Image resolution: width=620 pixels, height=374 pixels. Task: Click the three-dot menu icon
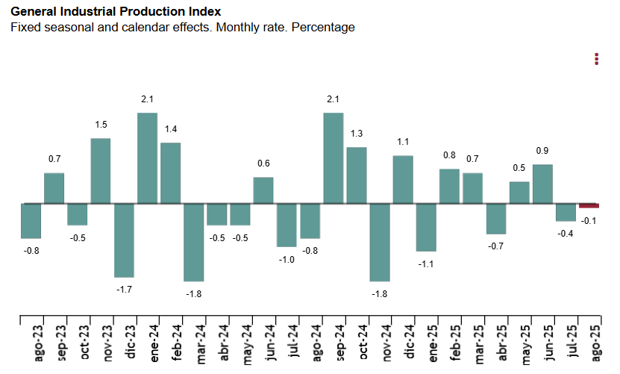pos(596,59)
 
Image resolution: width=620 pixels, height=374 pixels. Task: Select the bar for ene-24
pos(147,158)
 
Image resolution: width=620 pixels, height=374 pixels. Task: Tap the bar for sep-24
pos(334,158)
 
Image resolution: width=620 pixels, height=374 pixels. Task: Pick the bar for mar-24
pos(194,241)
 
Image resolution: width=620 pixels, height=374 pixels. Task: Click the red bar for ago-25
pos(589,205)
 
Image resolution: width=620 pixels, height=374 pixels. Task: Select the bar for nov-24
pos(380,241)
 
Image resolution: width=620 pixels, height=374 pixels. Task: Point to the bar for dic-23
pos(124,240)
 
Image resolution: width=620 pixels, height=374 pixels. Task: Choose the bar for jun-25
pos(543,184)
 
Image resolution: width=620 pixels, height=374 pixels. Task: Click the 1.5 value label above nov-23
pos(101,125)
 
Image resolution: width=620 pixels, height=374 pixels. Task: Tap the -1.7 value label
pos(124,289)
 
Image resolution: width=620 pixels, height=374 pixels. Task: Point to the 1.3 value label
pos(357,134)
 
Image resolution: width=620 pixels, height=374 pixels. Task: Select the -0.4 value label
pos(566,234)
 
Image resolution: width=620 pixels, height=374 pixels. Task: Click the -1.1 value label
pos(426,264)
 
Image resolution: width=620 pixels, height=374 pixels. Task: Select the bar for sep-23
pos(54,187)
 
